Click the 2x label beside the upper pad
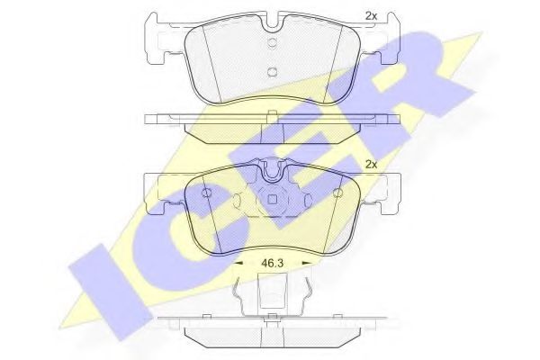pyautogui.click(x=371, y=16)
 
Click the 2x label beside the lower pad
pyautogui.click(x=371, y=165)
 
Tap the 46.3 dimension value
pyautogui.click(x=272, y=264)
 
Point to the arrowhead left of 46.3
pyautogui.click(x=238, y=263)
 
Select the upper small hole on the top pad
pyautogui.click(x=272, y=42)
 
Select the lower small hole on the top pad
pyautogui.click(x=272, y=71)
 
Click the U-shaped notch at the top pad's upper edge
pyautogui.click(x=273, y=22)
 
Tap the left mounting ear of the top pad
pyautogui.click(x=157, y=40)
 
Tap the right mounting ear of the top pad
pyautogui.click(x=389, y=40)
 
